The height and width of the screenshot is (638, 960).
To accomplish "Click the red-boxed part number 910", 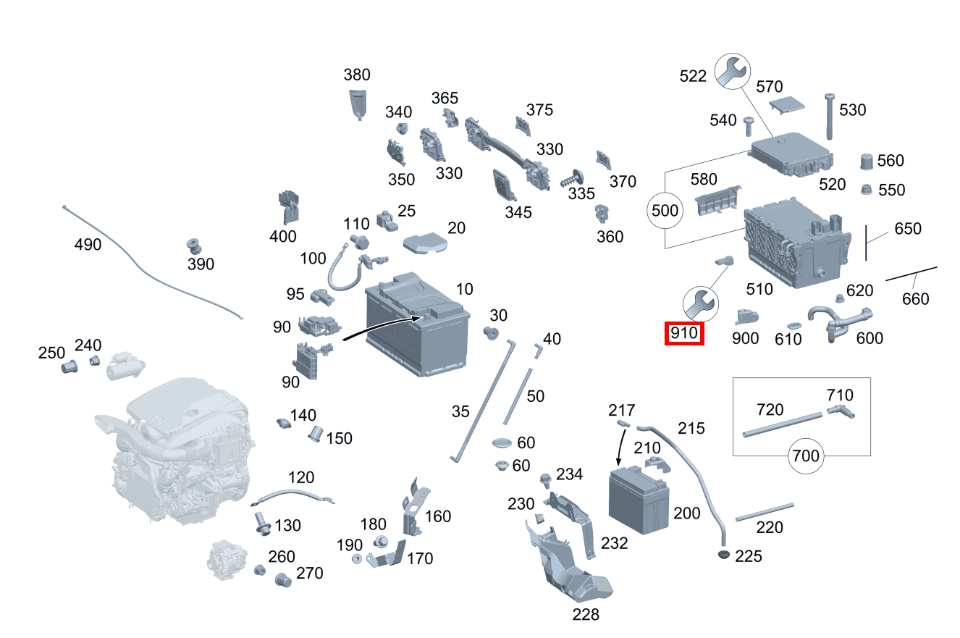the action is [684, 333].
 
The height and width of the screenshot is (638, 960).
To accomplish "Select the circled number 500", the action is [665, 210].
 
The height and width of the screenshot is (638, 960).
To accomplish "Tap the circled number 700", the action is [806, 456].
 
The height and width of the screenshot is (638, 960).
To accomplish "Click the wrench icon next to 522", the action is [733, 71].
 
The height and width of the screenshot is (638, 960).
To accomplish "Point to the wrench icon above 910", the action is [701, 304].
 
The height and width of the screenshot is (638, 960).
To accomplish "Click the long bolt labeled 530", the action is [829, 116].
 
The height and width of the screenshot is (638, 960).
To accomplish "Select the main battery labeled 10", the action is [418, 324].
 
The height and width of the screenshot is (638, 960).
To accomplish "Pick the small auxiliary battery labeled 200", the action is [639, 500].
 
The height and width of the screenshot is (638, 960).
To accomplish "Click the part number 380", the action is [357, 75].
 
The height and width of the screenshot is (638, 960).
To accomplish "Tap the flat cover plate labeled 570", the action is [786, 105].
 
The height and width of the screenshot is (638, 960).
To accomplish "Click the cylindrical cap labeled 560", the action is [867, 161].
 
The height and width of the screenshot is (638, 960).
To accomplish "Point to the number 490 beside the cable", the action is [88, 244].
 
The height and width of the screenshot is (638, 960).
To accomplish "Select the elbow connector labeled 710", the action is [841, 411].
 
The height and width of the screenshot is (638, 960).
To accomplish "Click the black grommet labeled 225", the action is [724, 554].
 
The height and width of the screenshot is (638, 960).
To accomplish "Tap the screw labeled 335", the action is [572, 178].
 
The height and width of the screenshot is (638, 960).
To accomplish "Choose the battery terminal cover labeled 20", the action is [425, 243].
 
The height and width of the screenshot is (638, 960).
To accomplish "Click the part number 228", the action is [586, 614].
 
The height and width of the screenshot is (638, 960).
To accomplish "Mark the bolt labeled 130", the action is [261, 524].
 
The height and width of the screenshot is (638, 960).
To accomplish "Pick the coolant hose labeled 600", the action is [840, 323].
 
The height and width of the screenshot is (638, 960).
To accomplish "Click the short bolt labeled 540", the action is [749, 126].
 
